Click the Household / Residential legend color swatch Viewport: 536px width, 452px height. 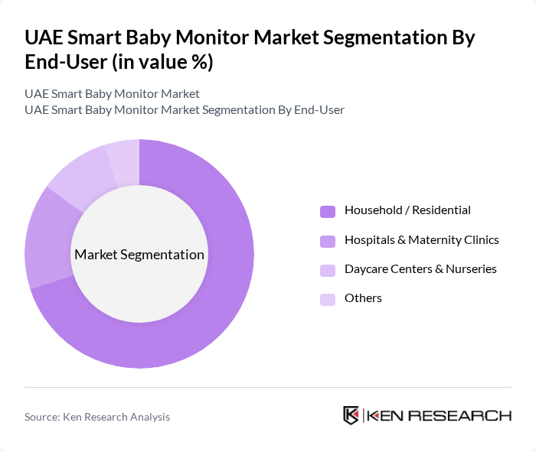pyautogui.click(x=328, y=211)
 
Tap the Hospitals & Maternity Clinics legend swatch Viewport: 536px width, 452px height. pyautogui.click(x=328, y=241)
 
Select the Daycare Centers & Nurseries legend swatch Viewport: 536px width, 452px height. pyautogui.click(x=328, y=270)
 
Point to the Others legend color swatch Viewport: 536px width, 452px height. pyautogui.click(x=328, y=299)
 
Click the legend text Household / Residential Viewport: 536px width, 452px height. pyautogui.click(x=407, y=210)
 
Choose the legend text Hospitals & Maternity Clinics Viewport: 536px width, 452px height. pyautogui.click(x=421, y=240)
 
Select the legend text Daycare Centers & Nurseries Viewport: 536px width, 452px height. pyautogui.click(x=420, y=269)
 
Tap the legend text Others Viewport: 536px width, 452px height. pyautogui.click(x=363, y=298)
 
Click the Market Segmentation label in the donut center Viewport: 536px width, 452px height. pyautogui.click(x=139, y=255)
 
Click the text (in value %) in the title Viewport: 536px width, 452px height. pyautogui.click(x=162, y=63)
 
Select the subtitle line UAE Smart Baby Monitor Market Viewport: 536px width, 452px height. pyautogui.click(x=112, y=93)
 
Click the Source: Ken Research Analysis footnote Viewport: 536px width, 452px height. pyautogui.click(x=97, y=417)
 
